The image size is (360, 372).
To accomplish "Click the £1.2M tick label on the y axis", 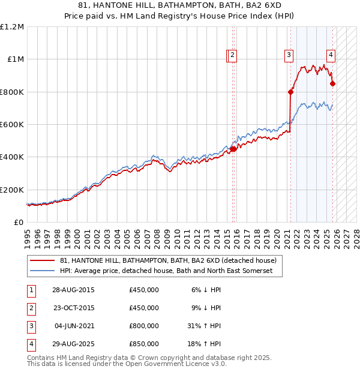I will (12, 27).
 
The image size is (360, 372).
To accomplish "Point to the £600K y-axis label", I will (12, 125).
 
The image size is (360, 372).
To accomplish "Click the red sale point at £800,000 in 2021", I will (290, 92).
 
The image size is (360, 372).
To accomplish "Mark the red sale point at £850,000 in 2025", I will (333, 84).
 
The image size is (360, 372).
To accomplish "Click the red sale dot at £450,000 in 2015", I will (233, 149).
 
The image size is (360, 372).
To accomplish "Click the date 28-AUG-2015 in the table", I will (73, 290).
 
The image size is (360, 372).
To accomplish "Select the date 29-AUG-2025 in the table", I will (73, 344).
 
